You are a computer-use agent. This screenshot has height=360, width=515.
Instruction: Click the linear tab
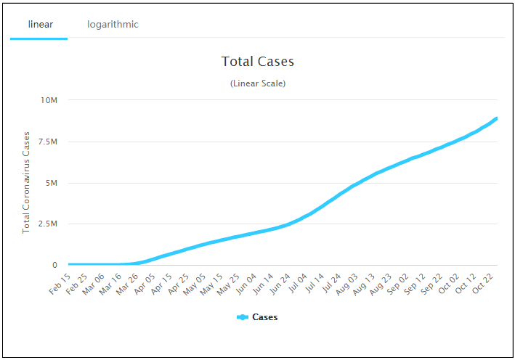(x=40, y=25)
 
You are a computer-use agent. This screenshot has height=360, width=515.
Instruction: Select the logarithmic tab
(x=113, y=25)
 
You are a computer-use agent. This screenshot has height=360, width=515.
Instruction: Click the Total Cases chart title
(x=258, y=62)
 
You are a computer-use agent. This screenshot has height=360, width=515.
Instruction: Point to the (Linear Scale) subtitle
(x=258, y=83)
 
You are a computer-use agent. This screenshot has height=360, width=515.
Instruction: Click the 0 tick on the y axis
(x=54, y=265)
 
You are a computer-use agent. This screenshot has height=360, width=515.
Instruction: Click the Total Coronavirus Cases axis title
(x=26, y=182)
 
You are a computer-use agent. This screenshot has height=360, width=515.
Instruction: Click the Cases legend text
(x=264, y=317)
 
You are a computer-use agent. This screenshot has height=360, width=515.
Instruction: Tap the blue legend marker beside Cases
(x=243, y=317)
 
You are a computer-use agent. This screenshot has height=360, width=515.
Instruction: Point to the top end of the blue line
(x=497, y=118)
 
